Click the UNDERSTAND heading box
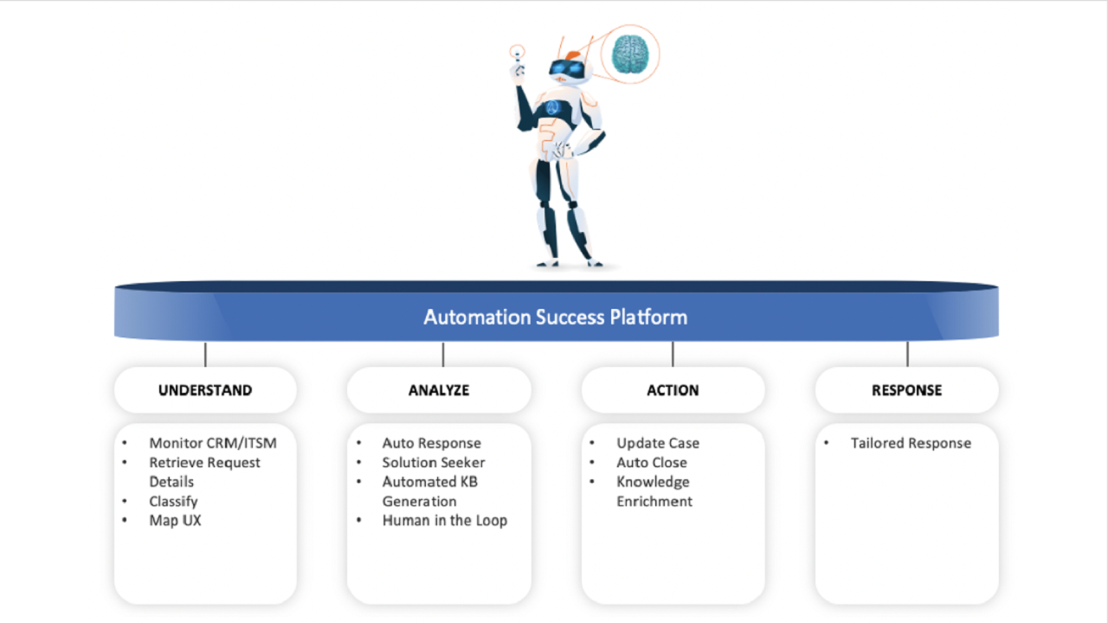click(x=205, y=390)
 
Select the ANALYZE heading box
click(x=439, y=390)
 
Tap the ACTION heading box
click(x=673, y=390)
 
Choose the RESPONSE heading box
click(x=906, y=390)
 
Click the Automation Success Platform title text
click(x=555, y=317)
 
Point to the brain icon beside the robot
click(x=629, y=54)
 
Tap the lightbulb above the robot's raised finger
click(x=518, y=53)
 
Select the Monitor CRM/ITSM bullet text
click(x=213, y=443)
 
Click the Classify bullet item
click(x=173, y=501)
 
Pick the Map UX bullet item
click(x=175, y=520)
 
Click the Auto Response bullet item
click(x=431, y=443)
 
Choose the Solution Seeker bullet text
click(x=434, y=462)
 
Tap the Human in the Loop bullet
click(x=444, y=520)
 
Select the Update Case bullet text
click(x=658, y=443)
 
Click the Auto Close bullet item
click(x=652, y=462)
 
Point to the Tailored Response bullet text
click(x=911, y=443)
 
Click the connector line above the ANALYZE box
click(x=443, y=354)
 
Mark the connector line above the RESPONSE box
click(x=907, y=354)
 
